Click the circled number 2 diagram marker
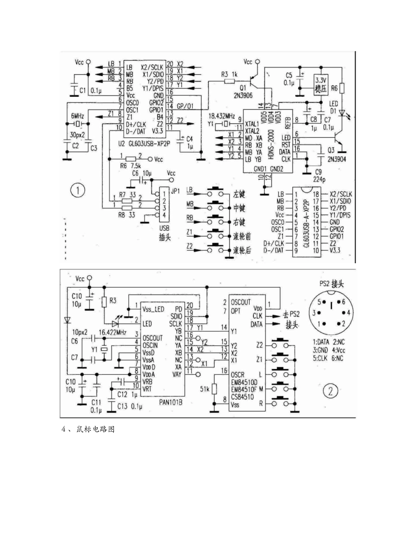[331, 391]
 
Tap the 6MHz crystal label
[78, 115]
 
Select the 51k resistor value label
[204, 389]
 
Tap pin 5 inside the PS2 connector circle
[319, 302]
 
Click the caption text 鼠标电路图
[95, 430]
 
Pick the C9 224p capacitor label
[318, 175]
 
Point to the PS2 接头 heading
[331, 284]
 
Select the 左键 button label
[239, 193]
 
